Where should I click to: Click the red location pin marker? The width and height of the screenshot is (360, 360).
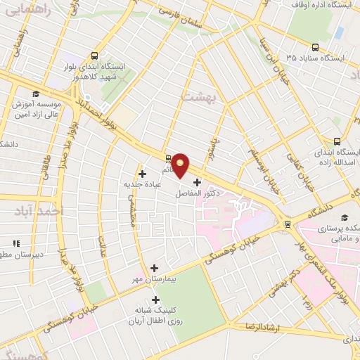pyautogui.click(x=181, y=165)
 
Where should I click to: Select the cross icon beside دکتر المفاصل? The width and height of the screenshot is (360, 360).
pyautogui.click(x=196, y=182)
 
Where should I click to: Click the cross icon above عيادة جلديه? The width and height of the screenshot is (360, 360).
pyautogui.click(x=143, y=173)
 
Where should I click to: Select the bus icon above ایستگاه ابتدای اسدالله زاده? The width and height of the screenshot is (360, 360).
pyautogui.click(x=337, y=141)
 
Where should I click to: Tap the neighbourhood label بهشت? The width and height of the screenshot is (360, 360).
pyautogui.click(x=196, y=95)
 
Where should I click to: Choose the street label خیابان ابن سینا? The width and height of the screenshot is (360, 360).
pyautogui.click(x=271, y=55)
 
